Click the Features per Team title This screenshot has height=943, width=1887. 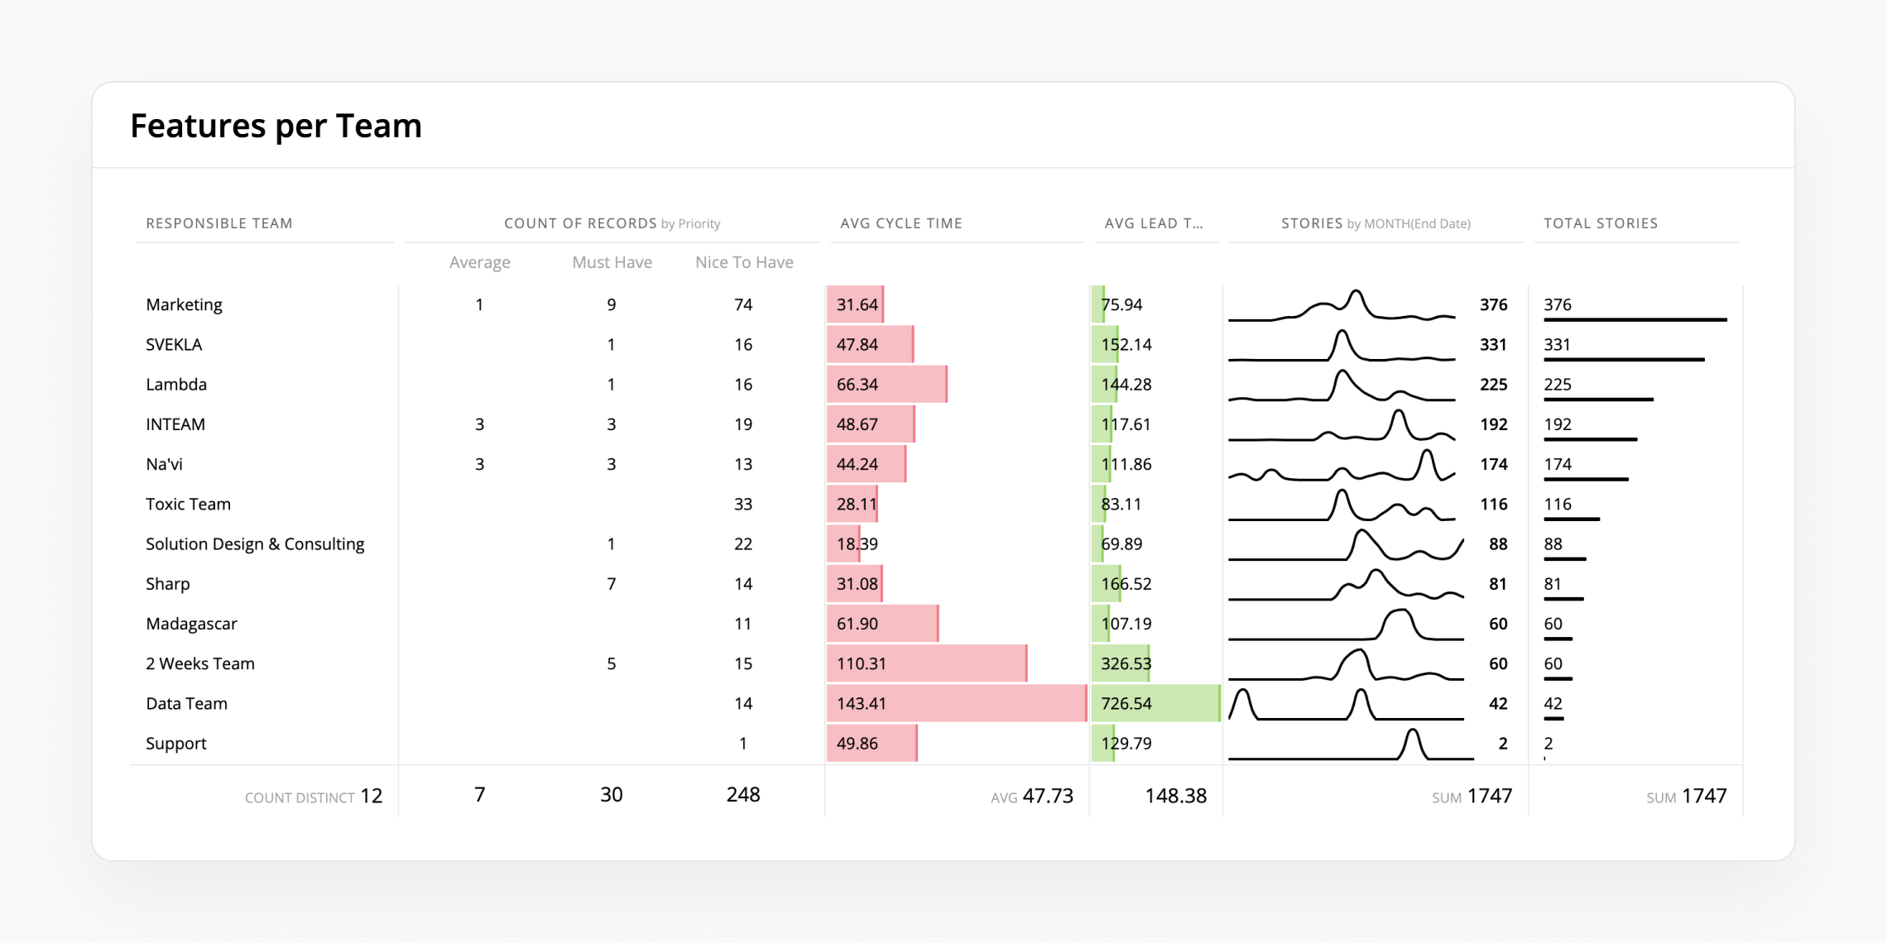point(276,126)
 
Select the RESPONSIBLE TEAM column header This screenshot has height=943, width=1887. point(219,223)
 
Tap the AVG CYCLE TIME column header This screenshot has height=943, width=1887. point(900,223)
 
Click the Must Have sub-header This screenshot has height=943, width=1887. point(612,262)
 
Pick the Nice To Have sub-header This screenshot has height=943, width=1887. point(744,262)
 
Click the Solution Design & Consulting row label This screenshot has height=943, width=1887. point(255,544)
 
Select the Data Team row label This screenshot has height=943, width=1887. point(186,704)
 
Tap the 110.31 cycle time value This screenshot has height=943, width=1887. point(861,664)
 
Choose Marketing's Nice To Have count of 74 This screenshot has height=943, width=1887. point(743,305)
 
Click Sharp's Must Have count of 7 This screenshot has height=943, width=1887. point(611,584)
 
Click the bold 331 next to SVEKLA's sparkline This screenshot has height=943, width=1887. point(1493,345)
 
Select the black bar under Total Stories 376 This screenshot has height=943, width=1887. point(1635,319)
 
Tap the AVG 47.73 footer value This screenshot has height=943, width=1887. point(1047,796)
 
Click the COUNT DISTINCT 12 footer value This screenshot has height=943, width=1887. point(371,796)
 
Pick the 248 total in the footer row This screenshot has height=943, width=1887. point(742,795)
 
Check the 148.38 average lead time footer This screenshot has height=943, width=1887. point(1175,796)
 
